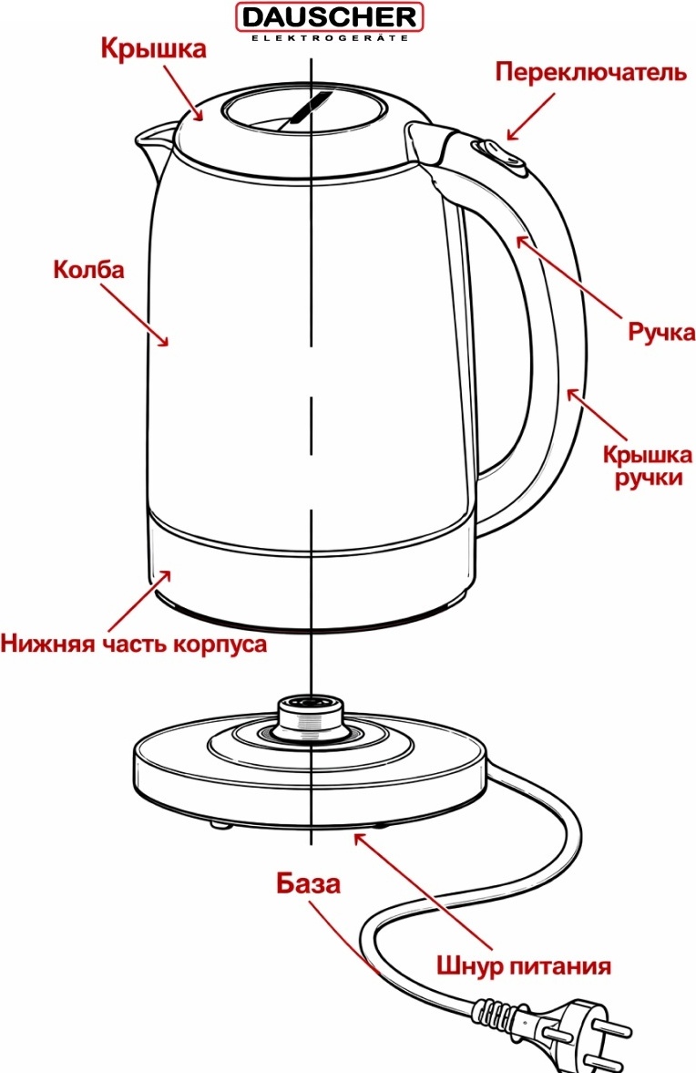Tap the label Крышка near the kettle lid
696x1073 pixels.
(x=153, y=48)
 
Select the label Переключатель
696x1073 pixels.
(x=590, y=72)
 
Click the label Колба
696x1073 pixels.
(x=89, y=269)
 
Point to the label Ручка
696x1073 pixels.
(x=661, y=333)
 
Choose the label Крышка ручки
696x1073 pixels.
(x=648, y=465)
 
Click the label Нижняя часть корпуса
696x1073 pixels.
(x=133, y=644)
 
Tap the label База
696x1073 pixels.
(x=308, y=882)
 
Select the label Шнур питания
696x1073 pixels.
(x=524, y=966)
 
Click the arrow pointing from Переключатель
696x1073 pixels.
(x=530, y=117)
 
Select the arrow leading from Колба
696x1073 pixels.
(x=135, y=315)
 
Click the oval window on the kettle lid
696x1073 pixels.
(x=305, y=111)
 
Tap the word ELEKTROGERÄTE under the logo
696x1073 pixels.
(x=330, y=38)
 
